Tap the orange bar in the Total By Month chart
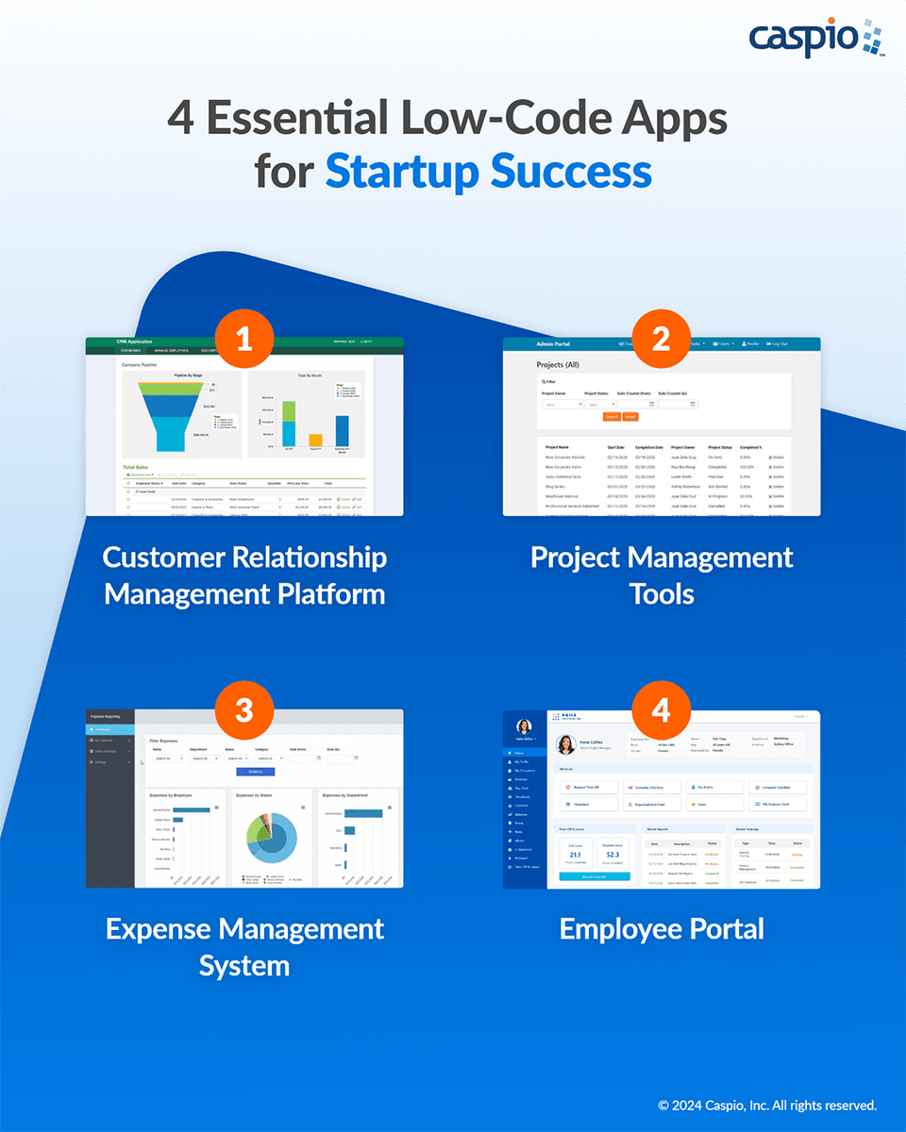pyautogui.click(x=315, y=440)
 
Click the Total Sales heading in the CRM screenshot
pyautogui.click(x=142, y=467)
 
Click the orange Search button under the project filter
pyautogui.click(x=612, y=416)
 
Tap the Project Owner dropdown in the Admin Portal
pyautogui.click(x=562, y=404)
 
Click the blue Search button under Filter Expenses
pyautogui.click(x=255, y=772)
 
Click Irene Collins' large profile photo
pyautogui.click(x=566, y=744)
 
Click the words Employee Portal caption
pyautogui.click(x=661, y=928)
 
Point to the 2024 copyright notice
pyautogui.click(x=767, y=1105)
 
